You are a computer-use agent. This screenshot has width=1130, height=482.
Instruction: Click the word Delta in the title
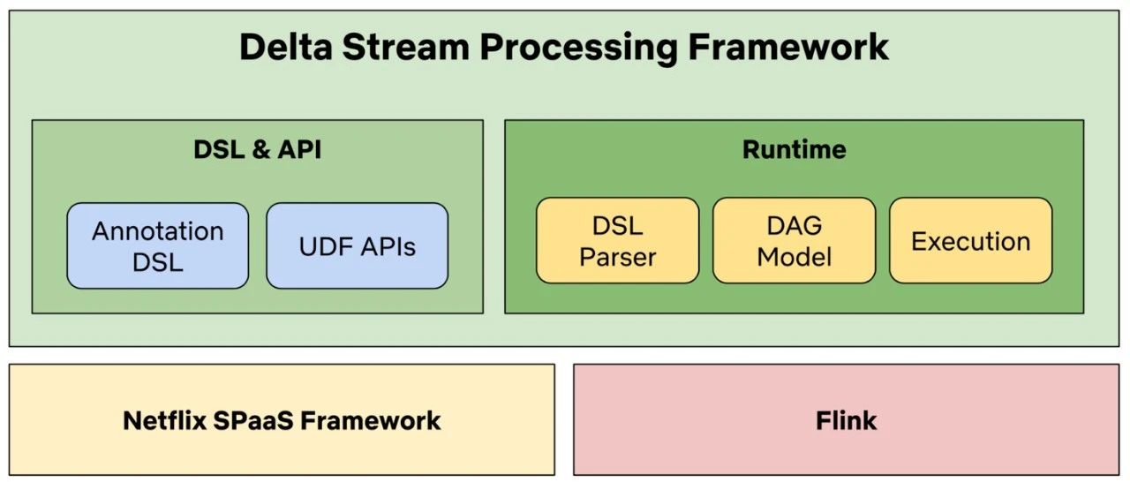(x=286, y=47)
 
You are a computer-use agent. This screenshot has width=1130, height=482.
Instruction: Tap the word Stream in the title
(x=406, y=47)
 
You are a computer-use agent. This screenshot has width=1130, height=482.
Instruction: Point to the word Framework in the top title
(x=788, y=47)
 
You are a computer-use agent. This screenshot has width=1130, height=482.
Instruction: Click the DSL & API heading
(x=257, y=149)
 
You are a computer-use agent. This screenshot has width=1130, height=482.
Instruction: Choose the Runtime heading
(x=794, y=149)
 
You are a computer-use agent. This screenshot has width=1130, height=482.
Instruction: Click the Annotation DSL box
(x=157, y=245)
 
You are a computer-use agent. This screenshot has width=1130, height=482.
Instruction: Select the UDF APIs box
(x=358, y=245)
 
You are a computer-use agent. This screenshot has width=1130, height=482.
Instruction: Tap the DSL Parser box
(x=617, y=240)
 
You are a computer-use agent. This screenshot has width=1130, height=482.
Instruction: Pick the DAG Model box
(x=794, y=240)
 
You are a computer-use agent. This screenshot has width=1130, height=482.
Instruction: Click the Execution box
(x=970, y=240)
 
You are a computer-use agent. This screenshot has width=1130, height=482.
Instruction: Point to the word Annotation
(x=157, y=231)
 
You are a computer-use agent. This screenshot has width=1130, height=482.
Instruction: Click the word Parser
(x=617, y=257)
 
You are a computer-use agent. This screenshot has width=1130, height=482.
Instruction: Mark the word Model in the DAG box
(x=794, y=257)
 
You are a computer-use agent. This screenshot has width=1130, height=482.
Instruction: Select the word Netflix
(x=164, y=420)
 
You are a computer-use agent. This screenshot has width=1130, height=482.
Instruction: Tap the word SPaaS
(x=253, y=420)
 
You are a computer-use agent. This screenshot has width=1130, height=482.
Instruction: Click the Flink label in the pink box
(x=846, y=420)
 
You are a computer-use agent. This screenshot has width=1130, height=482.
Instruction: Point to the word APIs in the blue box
(x=388, y=246)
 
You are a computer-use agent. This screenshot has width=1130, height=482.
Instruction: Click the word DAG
(x=794, y=225)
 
